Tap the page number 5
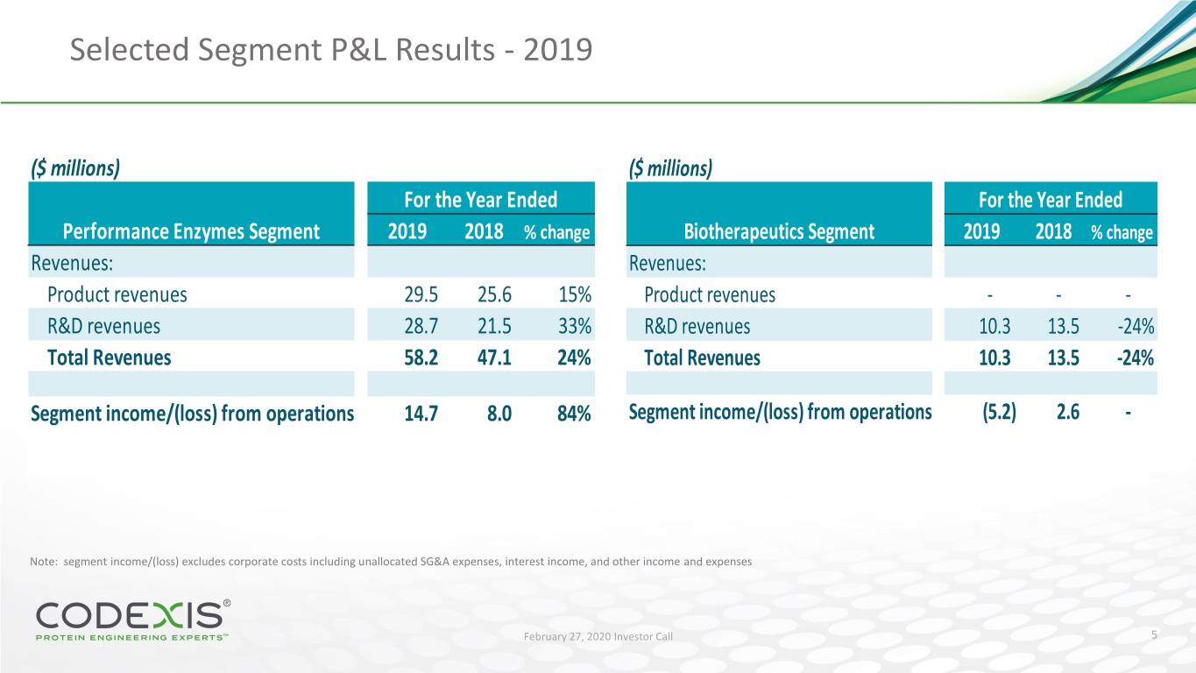coord(1156,635)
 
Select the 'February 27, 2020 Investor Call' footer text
coord(598,636)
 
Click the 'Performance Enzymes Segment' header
coord(191,232)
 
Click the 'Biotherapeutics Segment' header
coord(779,232)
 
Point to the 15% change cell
coord(574,294)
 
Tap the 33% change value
coord(574,327)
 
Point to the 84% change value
coord(574,414)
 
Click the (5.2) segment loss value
coord(999,412)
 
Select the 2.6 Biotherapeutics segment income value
coord(1067,412)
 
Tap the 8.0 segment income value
coord(499,414)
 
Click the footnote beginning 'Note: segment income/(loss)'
coord(390,562)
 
